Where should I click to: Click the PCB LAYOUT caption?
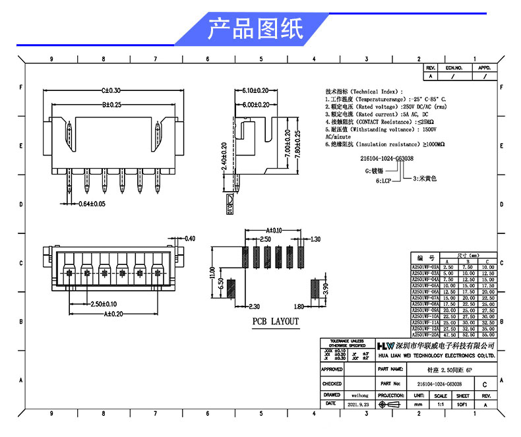pyautogui.click(x=276, y=322)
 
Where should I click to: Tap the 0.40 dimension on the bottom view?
pyautogui.click(x=190, y=238)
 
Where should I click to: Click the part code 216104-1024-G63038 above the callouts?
pyautogui.click(x=387, y=159)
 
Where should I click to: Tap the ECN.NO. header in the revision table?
pyautogui.click(x=454, y=68)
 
